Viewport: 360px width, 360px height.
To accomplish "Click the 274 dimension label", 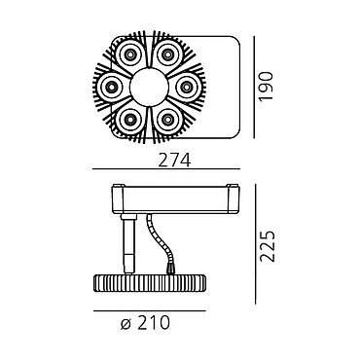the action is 174,160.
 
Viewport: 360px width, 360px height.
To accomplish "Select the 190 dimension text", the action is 267,87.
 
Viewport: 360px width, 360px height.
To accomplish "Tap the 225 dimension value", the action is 268,246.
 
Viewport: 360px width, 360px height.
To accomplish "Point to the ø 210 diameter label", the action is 145,323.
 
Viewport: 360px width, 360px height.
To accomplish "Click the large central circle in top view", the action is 149,87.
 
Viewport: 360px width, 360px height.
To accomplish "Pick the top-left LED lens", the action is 130,54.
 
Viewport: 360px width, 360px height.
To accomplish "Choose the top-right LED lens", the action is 167,54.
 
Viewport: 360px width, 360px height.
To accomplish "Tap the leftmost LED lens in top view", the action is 112,87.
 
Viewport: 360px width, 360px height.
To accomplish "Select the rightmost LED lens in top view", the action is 186,87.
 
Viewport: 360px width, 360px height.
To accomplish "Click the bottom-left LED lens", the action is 130,120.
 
